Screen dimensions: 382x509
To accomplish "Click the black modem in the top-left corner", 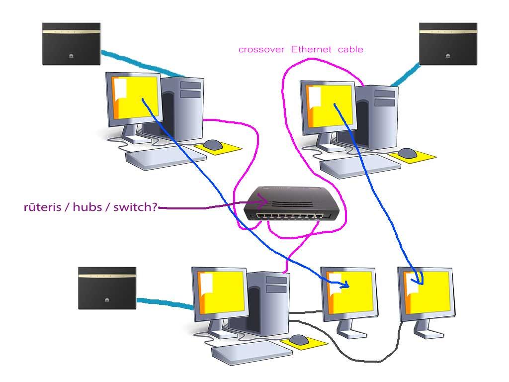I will (x=72, y=44).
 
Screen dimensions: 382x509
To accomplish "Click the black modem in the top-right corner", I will (x=448, y=44).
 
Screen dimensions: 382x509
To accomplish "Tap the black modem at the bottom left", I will (x=107, y=288).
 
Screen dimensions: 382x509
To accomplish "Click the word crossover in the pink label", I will (x=262, y=49).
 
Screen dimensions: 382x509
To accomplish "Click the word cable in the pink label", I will (x=350, y=49).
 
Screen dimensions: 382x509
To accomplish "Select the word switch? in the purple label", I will (x=136, y=207).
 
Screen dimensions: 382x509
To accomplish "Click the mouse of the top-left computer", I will (x=213, y=144).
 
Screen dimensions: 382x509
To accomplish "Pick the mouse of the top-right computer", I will (x=407, y=153).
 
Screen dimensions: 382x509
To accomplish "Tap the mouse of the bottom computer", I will (x=299, y=340).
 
